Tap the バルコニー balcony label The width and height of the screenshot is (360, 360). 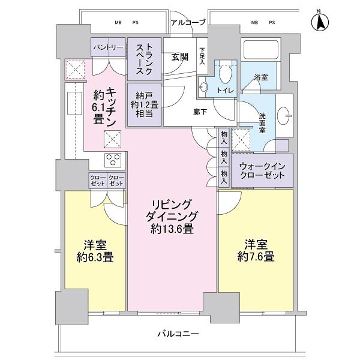pyautogui.click(x=179, y=334)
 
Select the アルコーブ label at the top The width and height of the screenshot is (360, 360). pyautogui.click(x=187, y=23)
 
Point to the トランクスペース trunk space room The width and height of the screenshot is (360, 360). pyautogui.click(x=143, y=59)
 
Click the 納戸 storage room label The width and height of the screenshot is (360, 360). pyautogui.click(x=143, y=105)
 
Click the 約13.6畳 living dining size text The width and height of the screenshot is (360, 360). pyautogui.click(x=173, y=228)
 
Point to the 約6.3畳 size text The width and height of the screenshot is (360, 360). pyautogui.click(x=95, y=258)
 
